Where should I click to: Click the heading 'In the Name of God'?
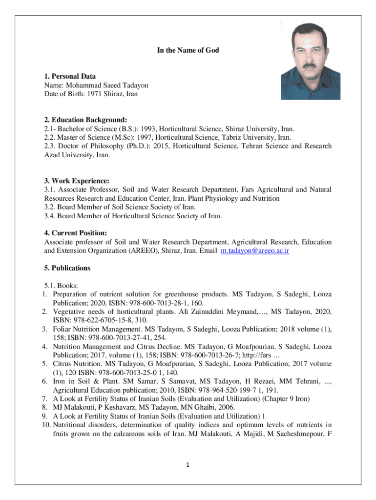click(188, 50)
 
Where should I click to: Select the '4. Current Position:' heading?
click(76, 233)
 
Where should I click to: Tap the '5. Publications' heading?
click(67, 268)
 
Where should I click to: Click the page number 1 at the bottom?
click(188, 464)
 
